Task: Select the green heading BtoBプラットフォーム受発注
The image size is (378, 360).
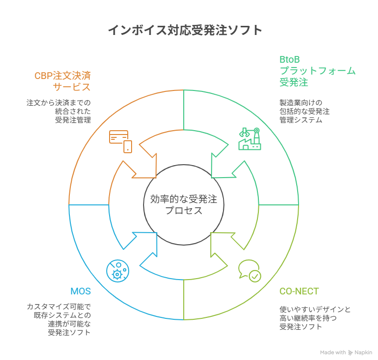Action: [x=317, y=71]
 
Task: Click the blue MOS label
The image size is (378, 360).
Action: [x=80, y=292]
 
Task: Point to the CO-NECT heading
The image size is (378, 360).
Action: [x=299, y=292]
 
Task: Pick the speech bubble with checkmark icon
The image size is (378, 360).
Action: [x=249, y=270]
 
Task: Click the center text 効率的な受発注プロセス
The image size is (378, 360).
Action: [x=184, y=205]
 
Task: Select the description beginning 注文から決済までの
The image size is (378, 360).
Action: [x=60, y=111]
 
